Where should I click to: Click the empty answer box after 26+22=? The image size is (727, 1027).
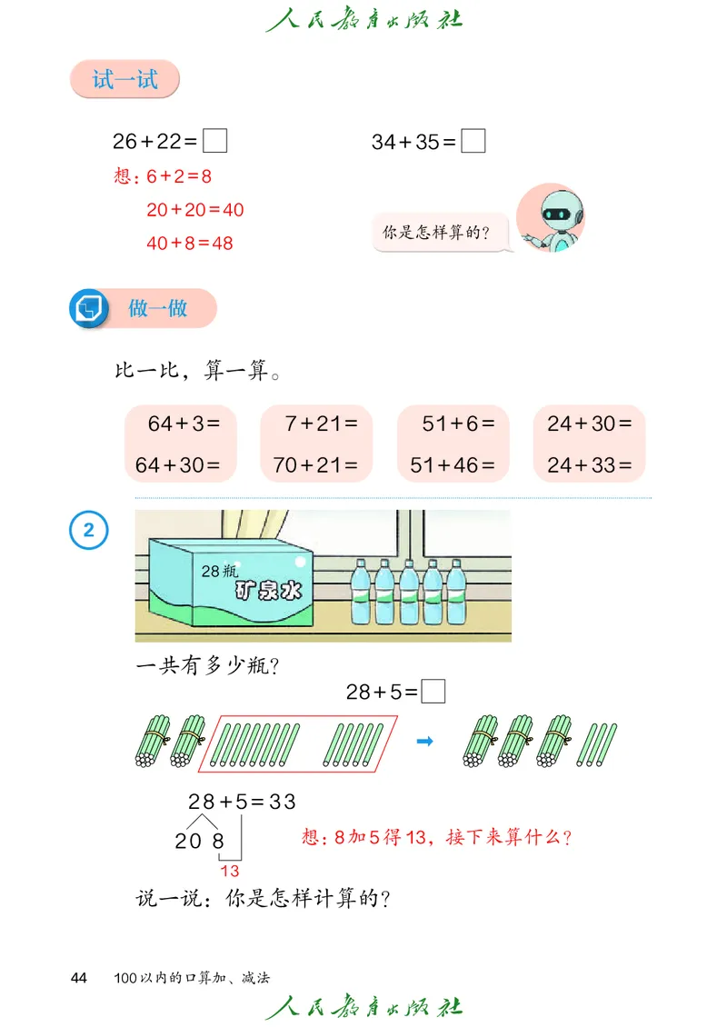[x=214, y=141]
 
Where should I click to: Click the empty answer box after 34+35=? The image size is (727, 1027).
[x=473, y=141]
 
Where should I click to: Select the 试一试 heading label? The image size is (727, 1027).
[x=124, y=80]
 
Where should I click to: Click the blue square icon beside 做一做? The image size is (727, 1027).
[x=89, y=308]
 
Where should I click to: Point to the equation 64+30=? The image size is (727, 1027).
[x=178, y=465]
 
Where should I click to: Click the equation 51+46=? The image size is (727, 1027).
[x=453, y=465]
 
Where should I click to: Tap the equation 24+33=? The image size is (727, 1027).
[x=589, y=465]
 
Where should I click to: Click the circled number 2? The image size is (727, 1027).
[x=89, y=530]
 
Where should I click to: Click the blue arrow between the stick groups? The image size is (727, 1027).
[x=423, y=742]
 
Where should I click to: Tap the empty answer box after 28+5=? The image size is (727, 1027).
[x=434, y=693]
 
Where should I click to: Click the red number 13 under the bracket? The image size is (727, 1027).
[x=229, y=871]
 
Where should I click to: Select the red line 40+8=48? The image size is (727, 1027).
[x=189, y=244]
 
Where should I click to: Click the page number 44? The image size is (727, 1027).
[x=79, y=978]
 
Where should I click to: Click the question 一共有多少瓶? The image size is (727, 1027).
[x=207, y=666]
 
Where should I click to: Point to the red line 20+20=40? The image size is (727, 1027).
[x=194, y=210]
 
